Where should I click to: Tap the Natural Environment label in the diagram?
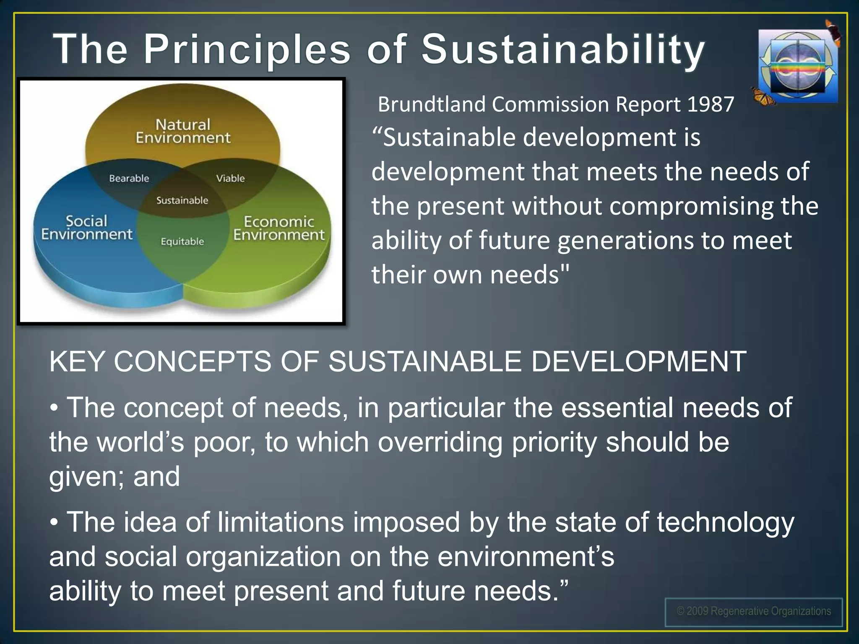183,131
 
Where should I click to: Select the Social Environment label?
86,228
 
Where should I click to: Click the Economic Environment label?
279,229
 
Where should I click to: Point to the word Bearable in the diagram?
129,178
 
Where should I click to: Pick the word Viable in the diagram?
230,178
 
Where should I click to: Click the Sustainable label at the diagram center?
182,200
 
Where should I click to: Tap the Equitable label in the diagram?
182,241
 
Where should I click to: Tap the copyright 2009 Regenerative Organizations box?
753,612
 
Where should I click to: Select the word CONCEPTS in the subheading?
193,361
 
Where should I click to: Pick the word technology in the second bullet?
725,523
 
